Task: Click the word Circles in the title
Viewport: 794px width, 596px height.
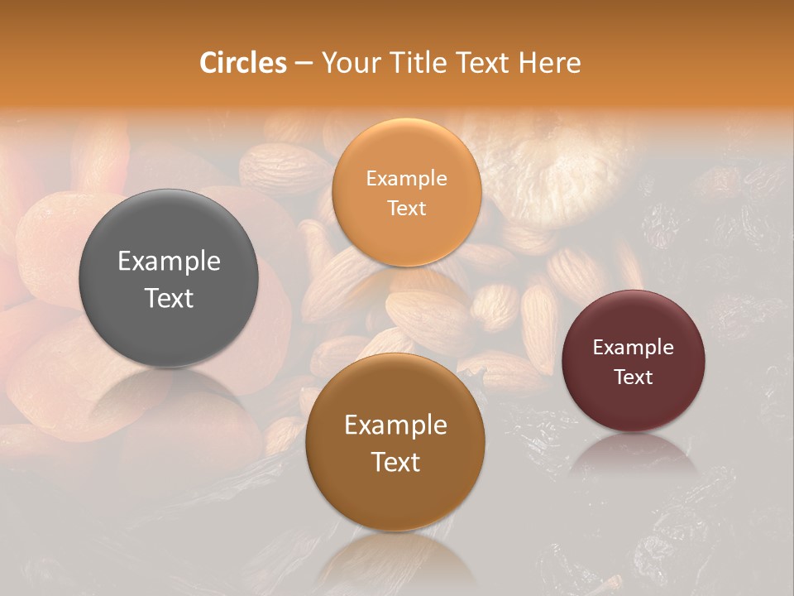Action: click(242, 63)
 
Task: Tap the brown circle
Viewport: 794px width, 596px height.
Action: click(395, 497)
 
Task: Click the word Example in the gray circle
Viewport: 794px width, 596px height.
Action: click(169, 262)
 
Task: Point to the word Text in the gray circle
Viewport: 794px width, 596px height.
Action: click(169, 298)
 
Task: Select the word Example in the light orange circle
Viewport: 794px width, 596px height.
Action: click(406, 179)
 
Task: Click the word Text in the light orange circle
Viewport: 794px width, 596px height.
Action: click(406, 209)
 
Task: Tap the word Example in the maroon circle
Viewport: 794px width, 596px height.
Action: click(633, 348)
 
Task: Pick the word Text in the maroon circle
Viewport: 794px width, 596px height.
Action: click(633, 377)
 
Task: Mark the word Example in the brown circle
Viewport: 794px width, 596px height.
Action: click(395, 425)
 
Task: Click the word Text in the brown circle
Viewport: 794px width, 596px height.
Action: click(395, 462)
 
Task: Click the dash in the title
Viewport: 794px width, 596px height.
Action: click(304, 64)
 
